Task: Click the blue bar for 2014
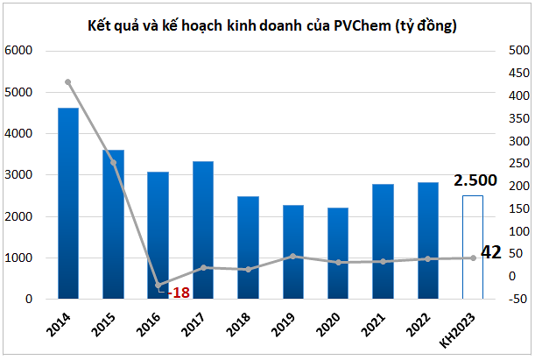(68, 203)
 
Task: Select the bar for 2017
(203, 230)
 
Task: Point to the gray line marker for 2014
(68, 82)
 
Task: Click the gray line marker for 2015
(113, 163)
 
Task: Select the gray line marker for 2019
(293, 257)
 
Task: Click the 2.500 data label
(475, 181)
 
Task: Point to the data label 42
(492, 253)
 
